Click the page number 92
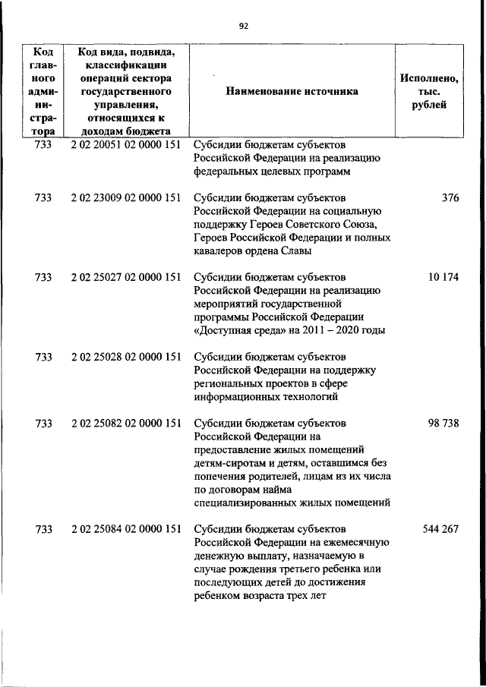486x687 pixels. coord(243,26)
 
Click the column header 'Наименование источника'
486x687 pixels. coord(291,91)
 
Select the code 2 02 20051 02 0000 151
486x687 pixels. coord(125,144)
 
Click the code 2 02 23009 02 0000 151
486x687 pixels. coord(125,197)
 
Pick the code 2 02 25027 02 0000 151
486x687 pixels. coord(125,277)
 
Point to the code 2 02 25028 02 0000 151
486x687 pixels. coord(125,356)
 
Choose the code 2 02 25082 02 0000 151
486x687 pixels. coord(125,423)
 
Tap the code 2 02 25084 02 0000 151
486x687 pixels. coord(125,529)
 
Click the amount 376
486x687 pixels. coord(450,197)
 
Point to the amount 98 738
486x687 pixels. coord(443,423)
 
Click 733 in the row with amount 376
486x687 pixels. coord(43,197)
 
